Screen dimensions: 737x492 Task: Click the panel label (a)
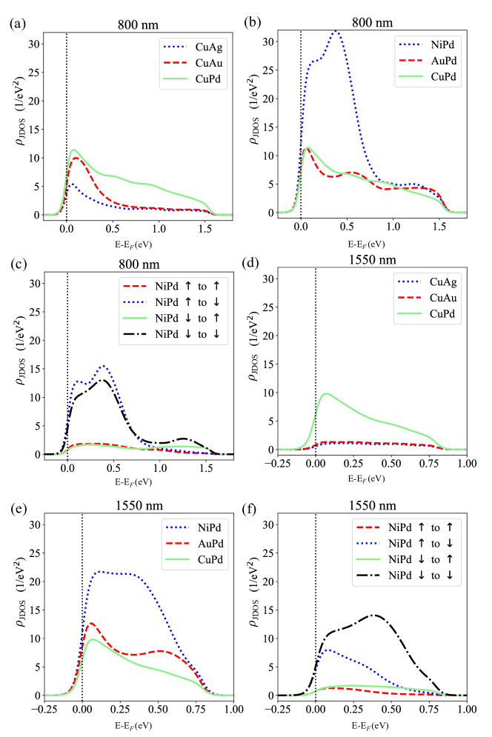(x=16, y=23)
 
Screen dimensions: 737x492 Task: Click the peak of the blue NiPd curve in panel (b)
(x=336, y=31)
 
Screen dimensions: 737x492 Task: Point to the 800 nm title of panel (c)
(x=138, y=262)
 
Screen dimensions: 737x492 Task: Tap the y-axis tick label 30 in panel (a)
(x=29, y=44)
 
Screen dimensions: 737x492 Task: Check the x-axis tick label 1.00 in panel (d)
(x=467, y=468)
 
